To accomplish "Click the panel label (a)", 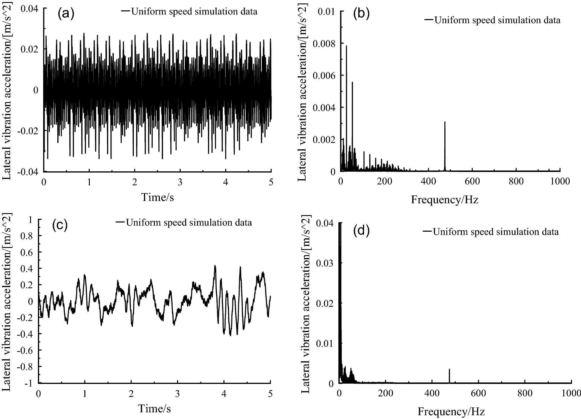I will (66, 14).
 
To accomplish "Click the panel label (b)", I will (361, 14).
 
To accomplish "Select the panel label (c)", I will (60, 225).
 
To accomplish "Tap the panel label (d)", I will (361, 231).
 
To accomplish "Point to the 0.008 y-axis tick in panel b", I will (324, 43).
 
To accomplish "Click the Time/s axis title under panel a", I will (157, 197).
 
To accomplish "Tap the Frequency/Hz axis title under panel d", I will (451, 411).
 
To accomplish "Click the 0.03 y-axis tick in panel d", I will (326, 263).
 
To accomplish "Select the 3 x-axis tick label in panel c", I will (177, 393).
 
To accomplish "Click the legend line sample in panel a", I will (126, 11).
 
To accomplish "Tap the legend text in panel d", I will (495, 232).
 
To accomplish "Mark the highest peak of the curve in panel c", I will (215, 266).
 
